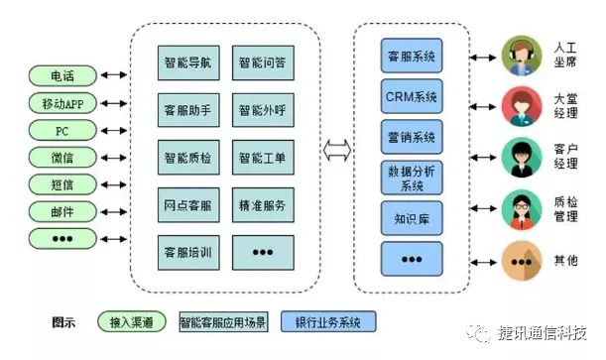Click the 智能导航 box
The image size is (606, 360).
187,62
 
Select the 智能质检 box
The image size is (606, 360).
187,156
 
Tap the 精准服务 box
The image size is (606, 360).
262,204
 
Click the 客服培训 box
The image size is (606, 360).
187,251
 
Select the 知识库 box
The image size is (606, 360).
412,216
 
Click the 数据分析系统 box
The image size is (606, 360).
412,177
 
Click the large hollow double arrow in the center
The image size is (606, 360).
337,155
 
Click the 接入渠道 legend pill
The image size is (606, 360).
132,322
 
